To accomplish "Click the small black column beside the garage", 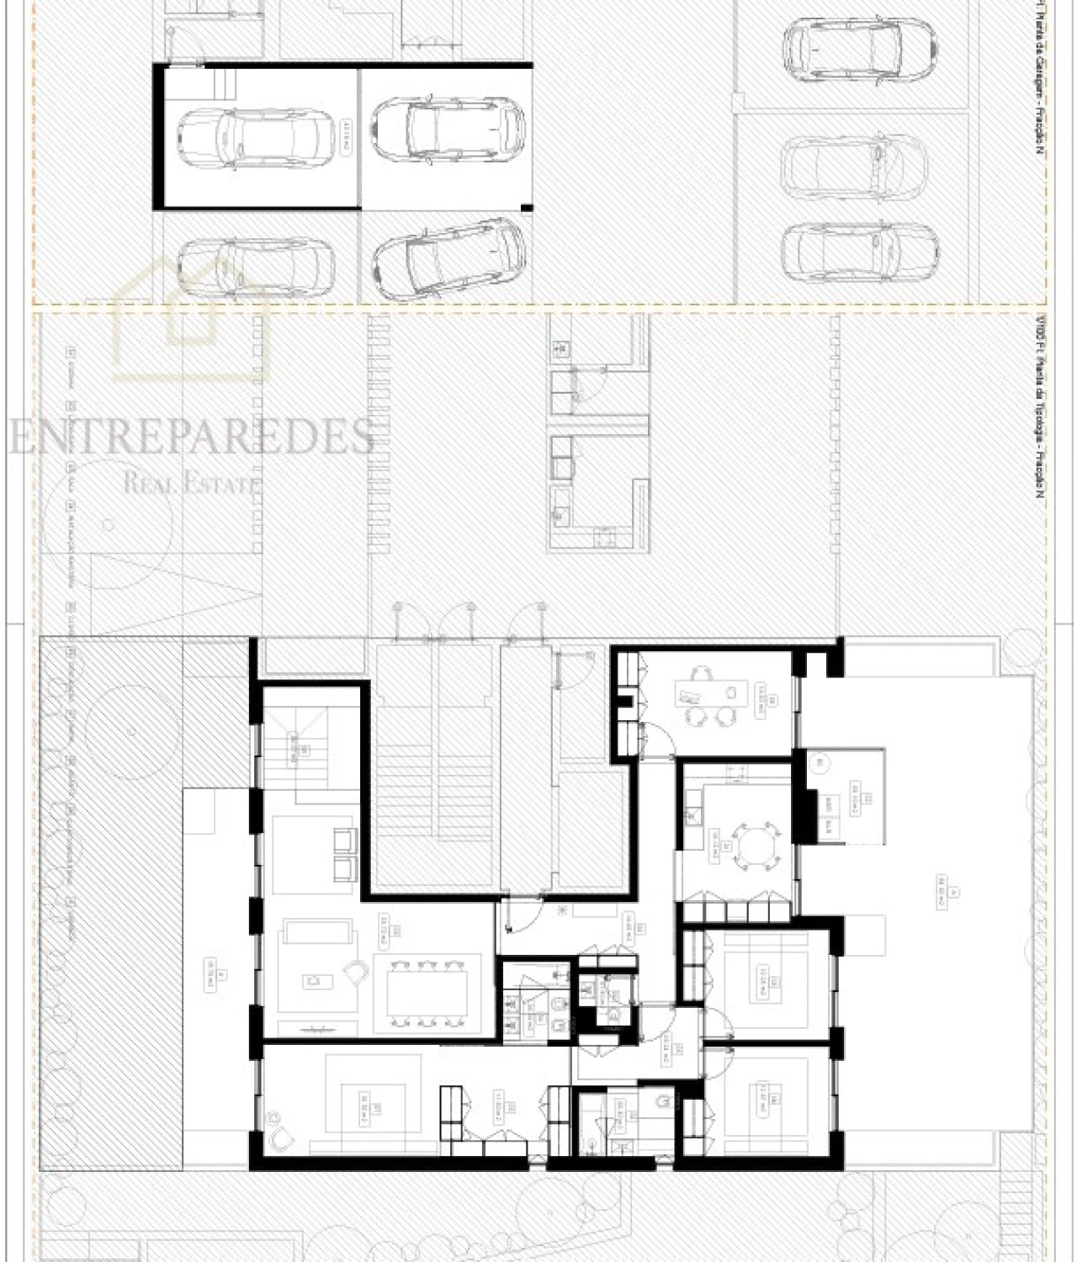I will coord(528,207).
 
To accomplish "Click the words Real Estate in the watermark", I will coord(192,483).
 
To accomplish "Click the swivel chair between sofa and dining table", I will coord(358,975).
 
